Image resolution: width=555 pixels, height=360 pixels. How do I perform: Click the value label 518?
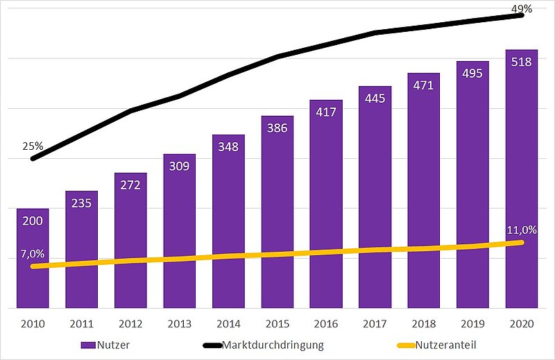(521, 62)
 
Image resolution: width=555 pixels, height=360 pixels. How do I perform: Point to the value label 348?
(228, 147)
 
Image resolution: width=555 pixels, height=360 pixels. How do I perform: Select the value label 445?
(375, 98)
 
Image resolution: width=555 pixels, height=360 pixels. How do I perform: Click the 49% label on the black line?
(522, 9)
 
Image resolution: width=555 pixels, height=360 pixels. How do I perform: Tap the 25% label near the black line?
(33, 146)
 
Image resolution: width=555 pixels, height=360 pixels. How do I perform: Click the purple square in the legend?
(87, 345)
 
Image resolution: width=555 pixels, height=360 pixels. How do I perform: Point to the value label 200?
(33, 221)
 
